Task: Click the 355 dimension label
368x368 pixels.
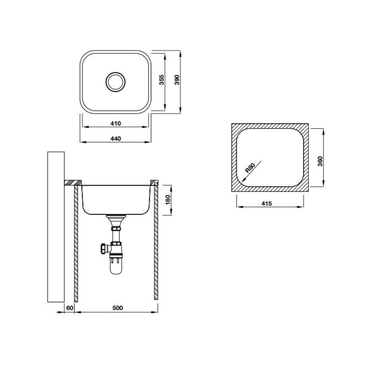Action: tap(161, 80)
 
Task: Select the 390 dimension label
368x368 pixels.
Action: tap(176, 80)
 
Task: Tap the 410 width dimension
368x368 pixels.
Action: tap(115, 123)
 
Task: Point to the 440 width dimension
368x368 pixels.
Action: tap(115, 139)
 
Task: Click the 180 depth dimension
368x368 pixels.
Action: tap(167, 200)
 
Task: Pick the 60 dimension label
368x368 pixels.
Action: tap(70, 308)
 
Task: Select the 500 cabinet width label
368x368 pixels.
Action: tap(118, 308)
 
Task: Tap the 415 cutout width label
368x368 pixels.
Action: tap(266, 204)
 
